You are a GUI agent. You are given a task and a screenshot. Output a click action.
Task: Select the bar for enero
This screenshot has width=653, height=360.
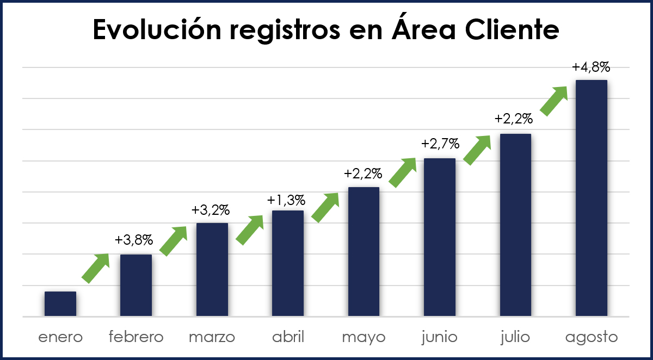click(60, 304)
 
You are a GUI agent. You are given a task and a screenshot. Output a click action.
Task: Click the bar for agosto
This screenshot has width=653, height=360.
click(591, 198)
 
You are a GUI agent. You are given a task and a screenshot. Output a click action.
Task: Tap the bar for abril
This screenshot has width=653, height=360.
click(288, 263)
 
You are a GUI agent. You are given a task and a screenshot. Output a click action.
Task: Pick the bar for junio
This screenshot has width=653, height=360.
click(440, 237)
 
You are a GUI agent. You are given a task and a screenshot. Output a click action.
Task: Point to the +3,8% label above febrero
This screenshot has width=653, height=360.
click(134, 240)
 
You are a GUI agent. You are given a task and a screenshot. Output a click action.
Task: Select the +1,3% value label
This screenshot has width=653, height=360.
click(286, 200)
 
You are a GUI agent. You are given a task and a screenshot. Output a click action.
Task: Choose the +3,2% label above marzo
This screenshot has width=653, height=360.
click(211, 209)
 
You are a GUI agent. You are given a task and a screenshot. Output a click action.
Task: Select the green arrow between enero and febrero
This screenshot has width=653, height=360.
click(96, 268)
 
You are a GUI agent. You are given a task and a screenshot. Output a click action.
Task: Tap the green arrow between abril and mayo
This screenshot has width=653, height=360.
click(325, 208)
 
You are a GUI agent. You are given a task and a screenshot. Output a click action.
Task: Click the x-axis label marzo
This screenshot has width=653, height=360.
click(212, 337)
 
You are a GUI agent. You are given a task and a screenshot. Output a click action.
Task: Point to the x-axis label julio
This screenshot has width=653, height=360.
click(515, 337)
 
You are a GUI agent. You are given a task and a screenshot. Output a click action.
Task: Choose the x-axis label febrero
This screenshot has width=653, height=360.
click(136, 337)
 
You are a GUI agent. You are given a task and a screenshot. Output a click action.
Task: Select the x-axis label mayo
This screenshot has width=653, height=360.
click(364, 337)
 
